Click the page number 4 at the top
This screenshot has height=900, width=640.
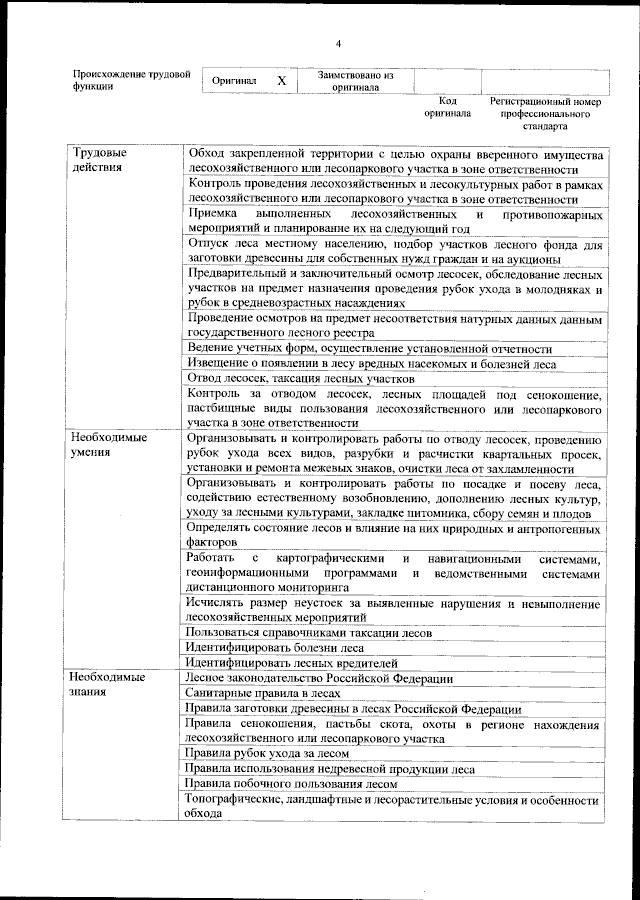(338, 43)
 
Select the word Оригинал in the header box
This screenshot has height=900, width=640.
(234, 81)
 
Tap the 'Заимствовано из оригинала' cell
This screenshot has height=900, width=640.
(356, 81)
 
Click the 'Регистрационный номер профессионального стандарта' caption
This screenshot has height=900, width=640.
(545, 114)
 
